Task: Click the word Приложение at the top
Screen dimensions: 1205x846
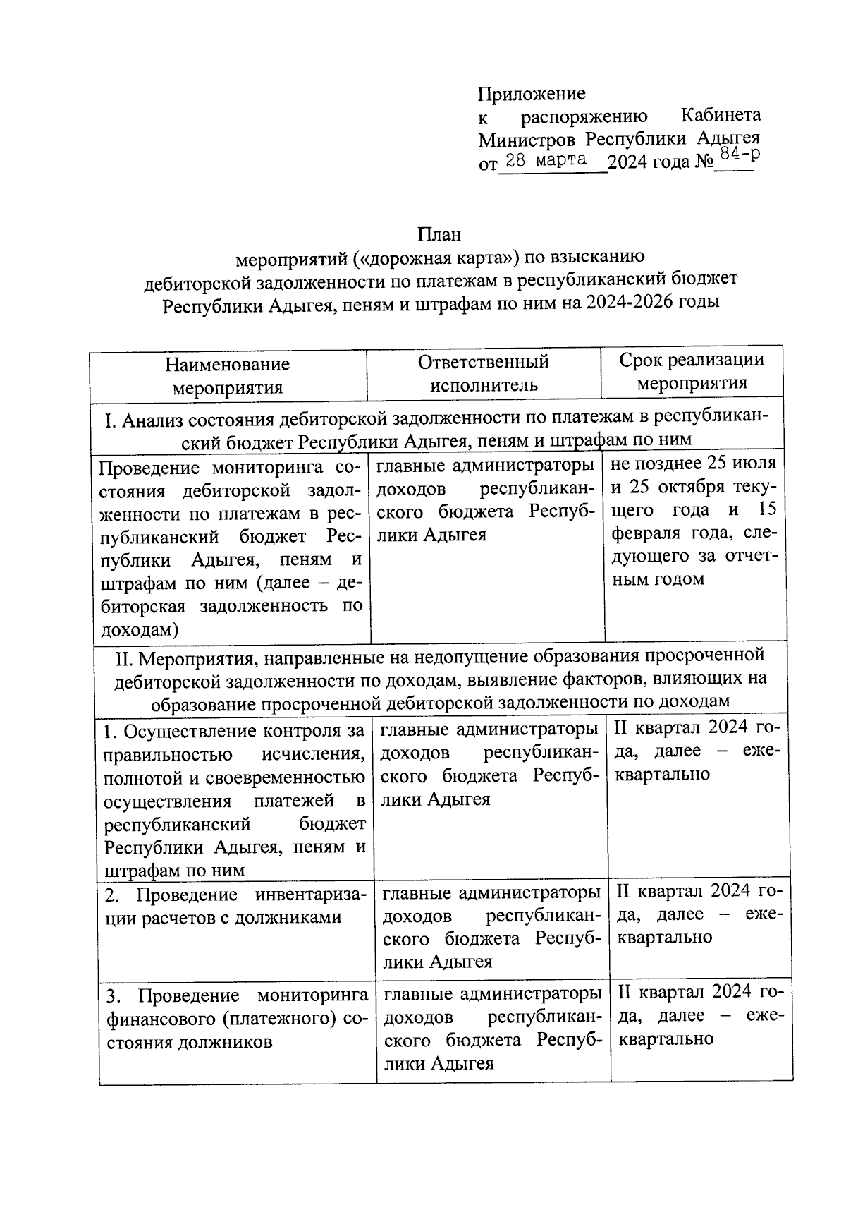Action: pos(532,94)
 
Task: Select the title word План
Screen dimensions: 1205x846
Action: pos(439,234)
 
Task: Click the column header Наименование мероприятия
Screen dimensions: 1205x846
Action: pos(227,376)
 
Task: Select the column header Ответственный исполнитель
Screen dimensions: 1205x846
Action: pos(484,373)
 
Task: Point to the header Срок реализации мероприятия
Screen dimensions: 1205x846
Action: pos(692,371)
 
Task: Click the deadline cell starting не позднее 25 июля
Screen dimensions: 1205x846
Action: pos(694,521)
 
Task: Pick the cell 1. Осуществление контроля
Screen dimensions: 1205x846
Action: pos(235,800)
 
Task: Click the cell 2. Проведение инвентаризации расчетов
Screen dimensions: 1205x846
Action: pos(236,907)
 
